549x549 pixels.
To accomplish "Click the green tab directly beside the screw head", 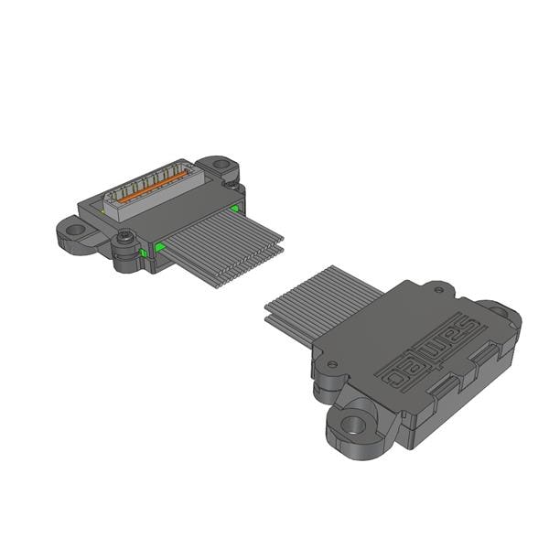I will click(x=144, y=252).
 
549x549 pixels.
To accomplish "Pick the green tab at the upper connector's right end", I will click(x=235, y=209).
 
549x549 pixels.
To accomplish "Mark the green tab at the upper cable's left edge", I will click(x=160, y=246).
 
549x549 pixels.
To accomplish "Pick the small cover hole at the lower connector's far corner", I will click(x=438, y=291).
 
